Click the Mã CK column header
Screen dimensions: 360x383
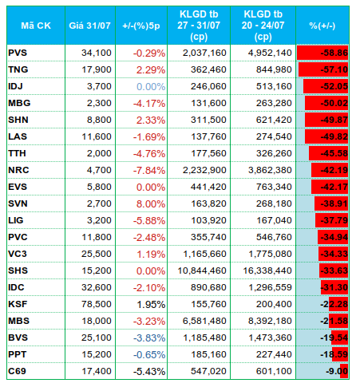tap(36, 26)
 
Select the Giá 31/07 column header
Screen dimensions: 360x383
tap(89, 26)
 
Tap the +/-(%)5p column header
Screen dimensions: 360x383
tap(141, 26)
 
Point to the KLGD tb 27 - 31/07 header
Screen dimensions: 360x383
tap(199, 26)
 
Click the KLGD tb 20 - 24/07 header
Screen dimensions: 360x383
tap(263, 26)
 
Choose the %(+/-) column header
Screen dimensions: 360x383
tap(322, 26)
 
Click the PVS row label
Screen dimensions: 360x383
tap(18, 53)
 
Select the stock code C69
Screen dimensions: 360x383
tap(17, 371)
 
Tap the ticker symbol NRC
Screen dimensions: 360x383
tap(18, 170)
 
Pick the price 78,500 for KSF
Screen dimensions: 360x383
tap(97, 304)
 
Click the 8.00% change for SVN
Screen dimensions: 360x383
tap(151, 204)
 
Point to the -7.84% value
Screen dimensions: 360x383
tap(149, 171)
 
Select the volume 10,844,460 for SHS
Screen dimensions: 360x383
tap(202, 270)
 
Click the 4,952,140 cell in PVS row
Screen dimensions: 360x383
tap(270, 53)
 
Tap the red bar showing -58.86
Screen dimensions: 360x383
tap(322, 53)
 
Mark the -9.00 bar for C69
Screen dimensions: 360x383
tap(344, 371)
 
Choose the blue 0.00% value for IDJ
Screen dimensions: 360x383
tap(151, 87)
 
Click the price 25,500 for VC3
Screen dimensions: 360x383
tap(97, 254)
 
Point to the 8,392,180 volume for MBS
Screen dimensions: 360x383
tap(270, 321)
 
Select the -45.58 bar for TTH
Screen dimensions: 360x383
tap(328, 153)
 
